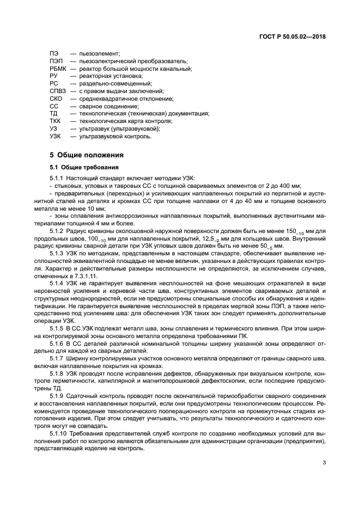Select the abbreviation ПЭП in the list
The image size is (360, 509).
tap(56, 62)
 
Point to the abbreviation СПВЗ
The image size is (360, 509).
tap(58, 91)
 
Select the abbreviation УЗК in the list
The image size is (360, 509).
tap(55, 137)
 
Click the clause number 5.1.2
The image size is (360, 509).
tap(56, 232)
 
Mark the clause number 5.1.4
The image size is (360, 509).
tap(56, 284)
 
